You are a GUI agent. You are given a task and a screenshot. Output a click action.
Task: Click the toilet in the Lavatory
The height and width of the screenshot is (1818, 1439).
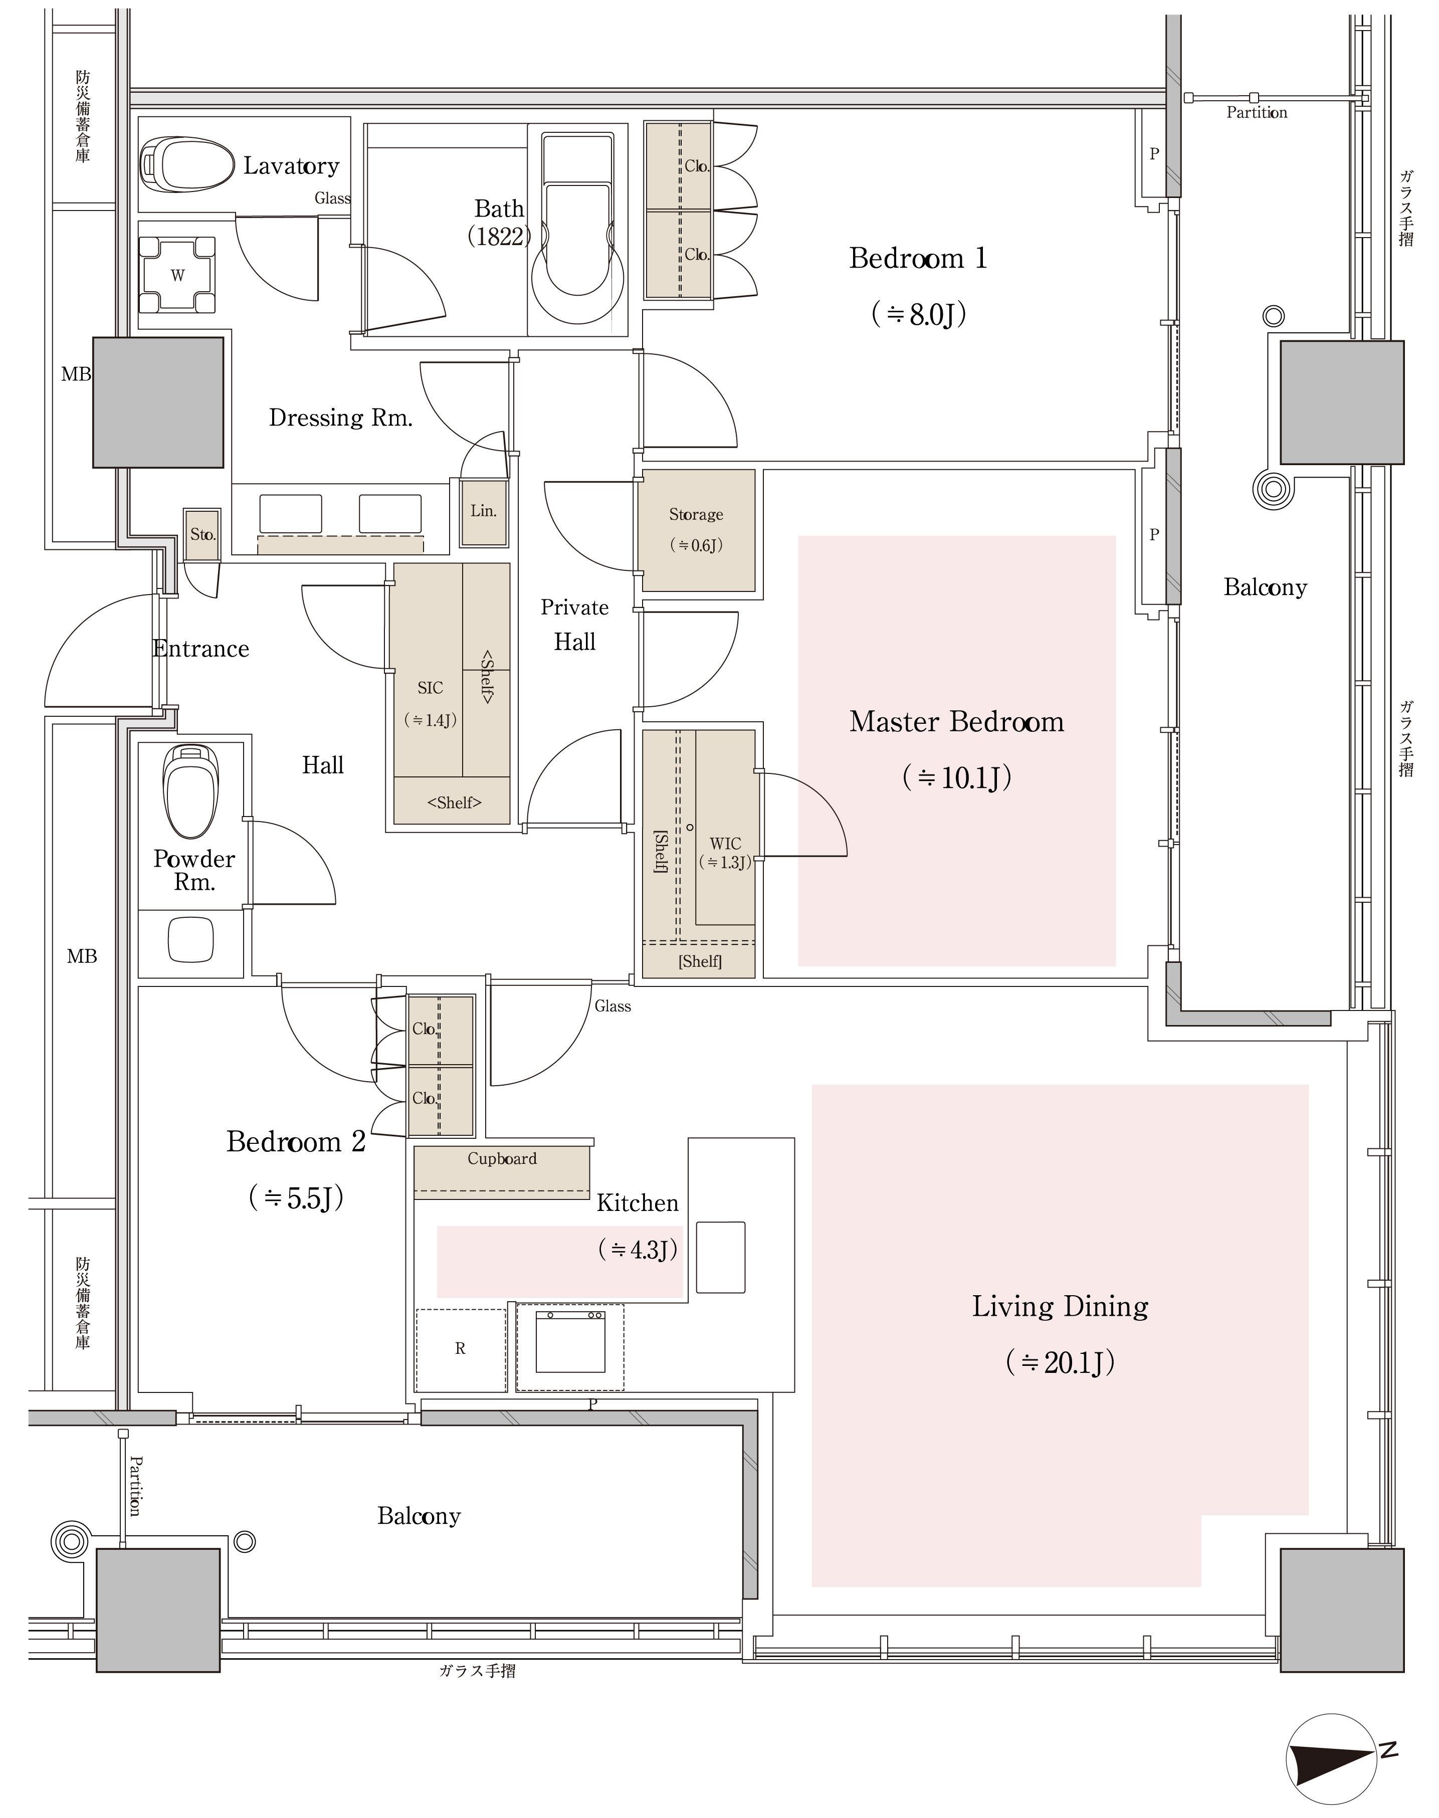tap(187, 163)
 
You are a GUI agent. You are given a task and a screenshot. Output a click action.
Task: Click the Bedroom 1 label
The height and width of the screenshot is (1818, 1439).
tap(918, 258)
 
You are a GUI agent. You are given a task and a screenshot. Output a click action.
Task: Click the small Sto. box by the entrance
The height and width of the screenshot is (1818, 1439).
tap(202, 534)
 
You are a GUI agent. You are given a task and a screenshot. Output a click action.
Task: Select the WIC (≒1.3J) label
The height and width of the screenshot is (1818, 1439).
tap(725, 853)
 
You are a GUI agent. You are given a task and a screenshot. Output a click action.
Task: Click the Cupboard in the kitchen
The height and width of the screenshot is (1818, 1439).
tap(502, 1172)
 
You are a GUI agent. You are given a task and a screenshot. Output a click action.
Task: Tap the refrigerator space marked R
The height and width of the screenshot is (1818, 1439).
tap(461, 1349)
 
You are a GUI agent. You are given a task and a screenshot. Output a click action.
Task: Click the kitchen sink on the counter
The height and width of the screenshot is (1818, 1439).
tap(720, 1257)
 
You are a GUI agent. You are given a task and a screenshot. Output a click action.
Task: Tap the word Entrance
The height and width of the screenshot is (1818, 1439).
tap(201, 649)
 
